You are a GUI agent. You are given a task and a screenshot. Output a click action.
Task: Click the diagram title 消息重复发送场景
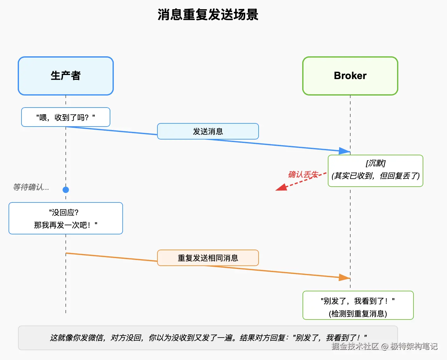[x=208, y=15]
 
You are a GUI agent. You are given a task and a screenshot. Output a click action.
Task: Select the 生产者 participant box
[x=66, y=76]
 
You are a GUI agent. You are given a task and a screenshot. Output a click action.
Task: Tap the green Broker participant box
[x=350, y=76]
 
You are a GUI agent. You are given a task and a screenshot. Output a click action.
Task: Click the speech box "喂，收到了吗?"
[x=66, y=117]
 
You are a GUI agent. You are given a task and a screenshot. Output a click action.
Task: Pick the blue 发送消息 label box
[x=208, y=131]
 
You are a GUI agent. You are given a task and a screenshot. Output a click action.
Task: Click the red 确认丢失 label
[x=303, y=174]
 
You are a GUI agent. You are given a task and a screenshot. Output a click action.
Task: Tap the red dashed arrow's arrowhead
[x=280, y=188]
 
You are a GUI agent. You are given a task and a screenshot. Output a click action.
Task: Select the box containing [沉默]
[x=375, y=171]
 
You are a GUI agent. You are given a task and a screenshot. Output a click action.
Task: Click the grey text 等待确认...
[x=31, y=187]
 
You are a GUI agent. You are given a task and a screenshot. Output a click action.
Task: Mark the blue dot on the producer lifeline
[x=66, y=190]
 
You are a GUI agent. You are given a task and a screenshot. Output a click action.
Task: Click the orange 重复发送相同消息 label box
[x=208, y=258]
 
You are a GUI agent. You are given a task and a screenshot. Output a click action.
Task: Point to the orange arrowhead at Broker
[x=344, y=277]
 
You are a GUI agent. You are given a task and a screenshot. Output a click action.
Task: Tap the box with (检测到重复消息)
[x=358, y=306]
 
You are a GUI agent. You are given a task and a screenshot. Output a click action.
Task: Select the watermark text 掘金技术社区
[x=355, y=346]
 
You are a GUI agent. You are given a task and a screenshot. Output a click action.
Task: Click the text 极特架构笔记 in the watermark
[x=414, y=346]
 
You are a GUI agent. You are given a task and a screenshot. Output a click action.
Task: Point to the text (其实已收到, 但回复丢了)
[x=375, y=176]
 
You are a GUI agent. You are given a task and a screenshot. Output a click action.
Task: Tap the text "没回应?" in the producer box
[x=64, y=212]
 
